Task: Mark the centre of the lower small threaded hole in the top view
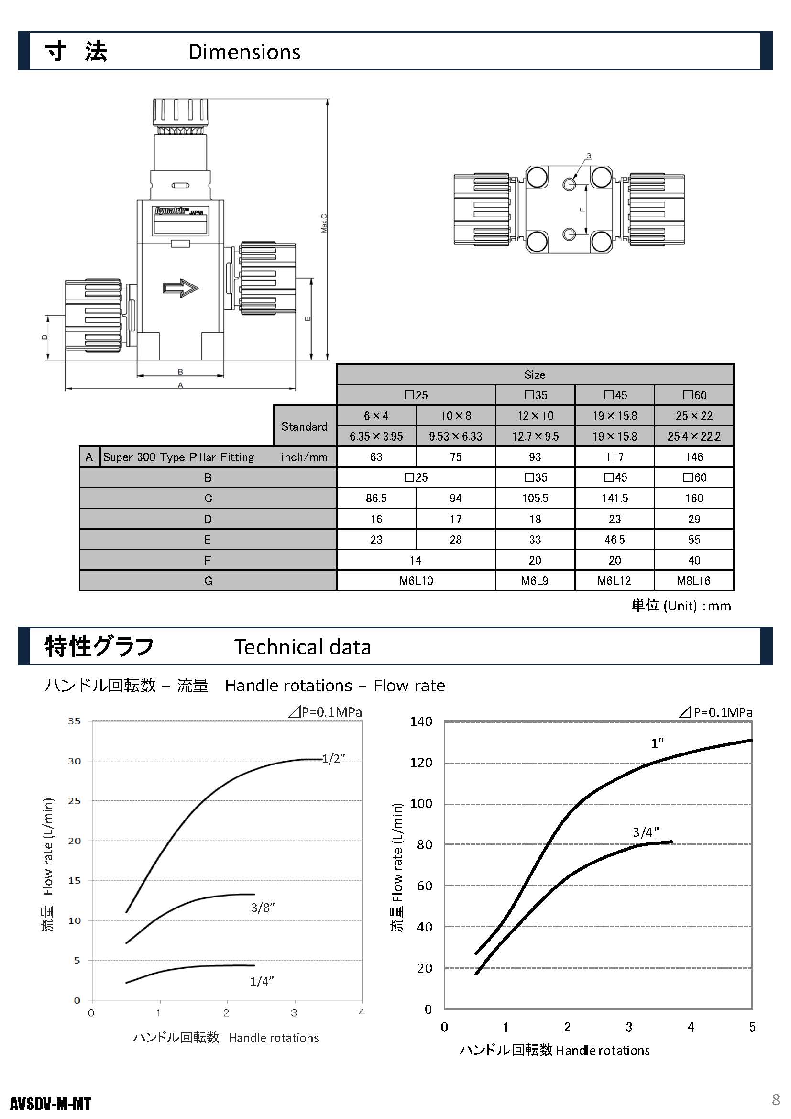tap(569, 234)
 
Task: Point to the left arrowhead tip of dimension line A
tap(65, 388)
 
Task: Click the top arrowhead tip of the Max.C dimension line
tap(328, 99)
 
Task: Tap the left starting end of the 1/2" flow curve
tap(127, 912)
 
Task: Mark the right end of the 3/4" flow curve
tap(672, 842)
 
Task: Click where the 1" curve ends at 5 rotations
tap(752, 740)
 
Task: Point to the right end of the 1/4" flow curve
tap(254, 965)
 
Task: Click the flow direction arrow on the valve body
tap(181, 288)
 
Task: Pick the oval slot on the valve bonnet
tap(180, 186)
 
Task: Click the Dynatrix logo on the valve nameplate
tap(170, 211)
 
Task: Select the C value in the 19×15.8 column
tap(615, 498)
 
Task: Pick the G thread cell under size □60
tap(693, 581)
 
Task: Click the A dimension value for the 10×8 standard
tap(456, 457)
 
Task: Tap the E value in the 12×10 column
tap(535, 540)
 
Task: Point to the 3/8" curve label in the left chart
tap(263, 908)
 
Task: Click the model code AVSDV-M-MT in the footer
tap(50, 1104)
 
